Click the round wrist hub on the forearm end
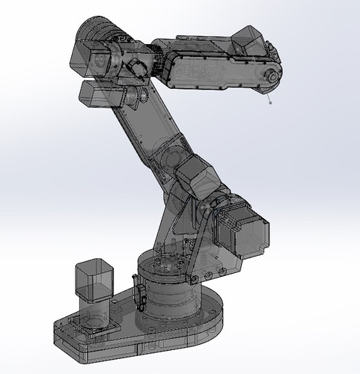[x=269, y=76]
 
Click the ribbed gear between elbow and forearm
[x=159, y=59]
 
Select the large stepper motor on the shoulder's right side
[x=243, y=227]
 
